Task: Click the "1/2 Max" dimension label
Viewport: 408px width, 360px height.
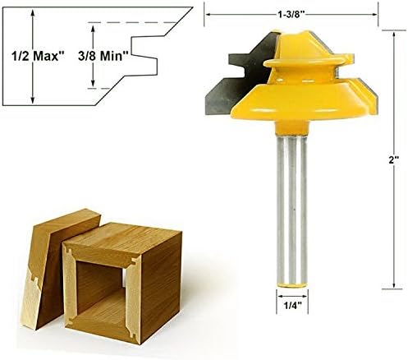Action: [35, 59]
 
